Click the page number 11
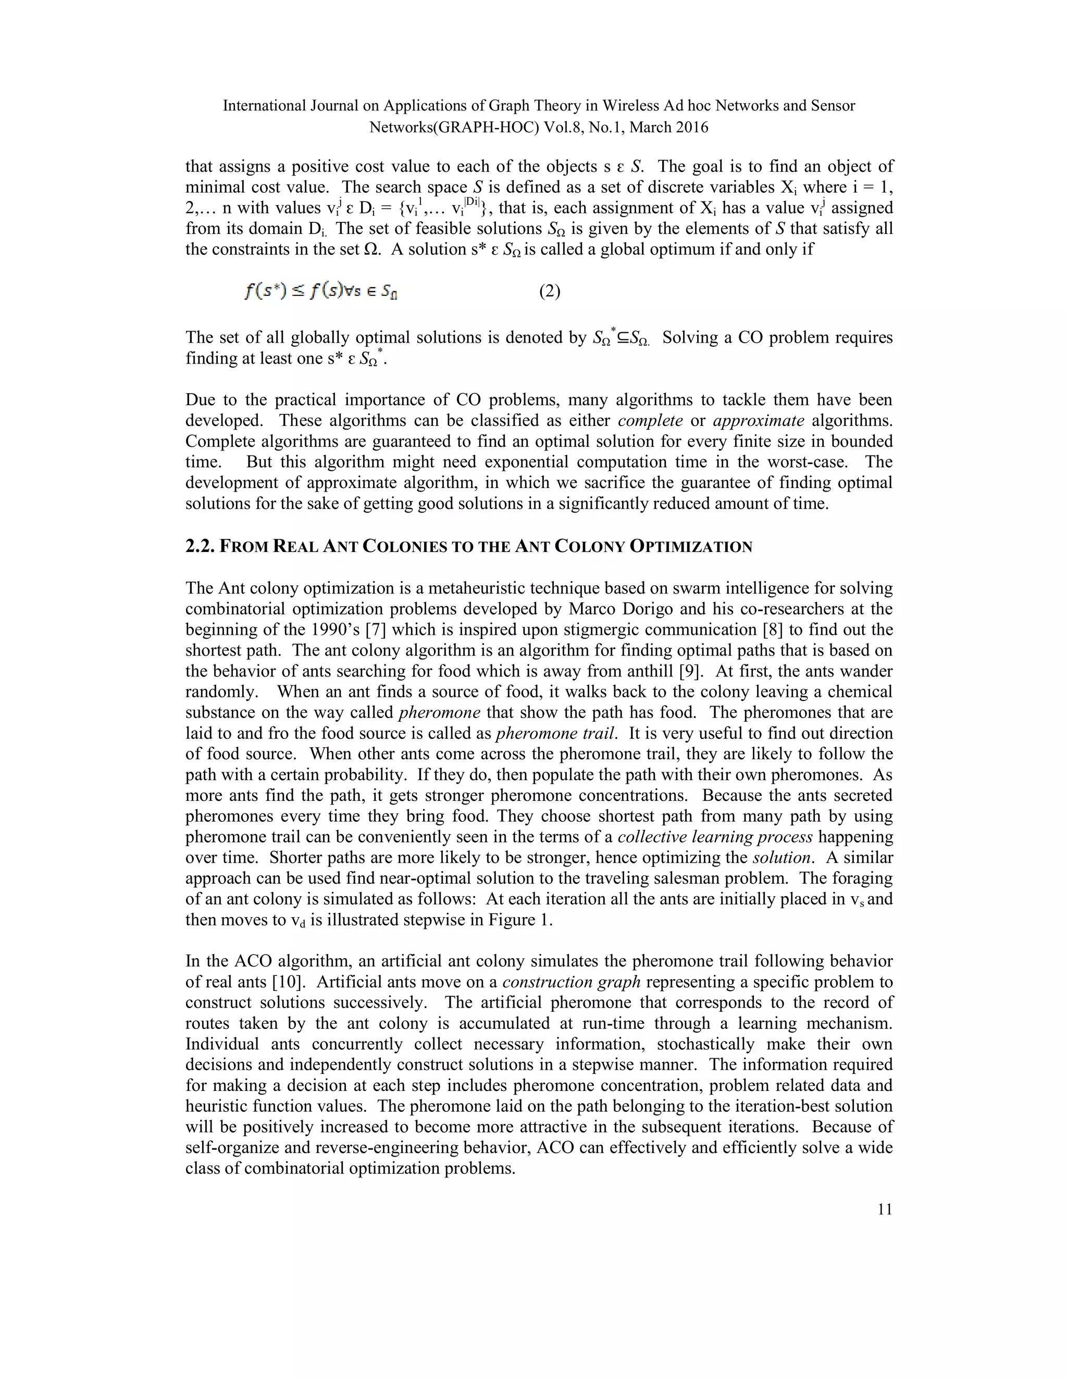[x=885, y=1209]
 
